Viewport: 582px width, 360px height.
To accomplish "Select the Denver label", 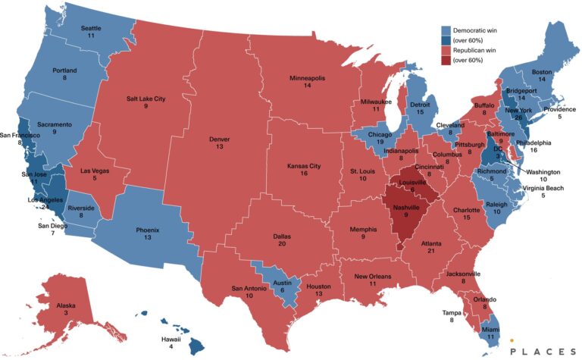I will [219, 138].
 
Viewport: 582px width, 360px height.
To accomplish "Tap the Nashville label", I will [406, 206].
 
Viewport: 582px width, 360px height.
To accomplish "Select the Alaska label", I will [66, 305].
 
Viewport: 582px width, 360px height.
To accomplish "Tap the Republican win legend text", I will [476, 49].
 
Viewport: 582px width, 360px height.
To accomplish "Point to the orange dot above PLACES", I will [512, 340].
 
